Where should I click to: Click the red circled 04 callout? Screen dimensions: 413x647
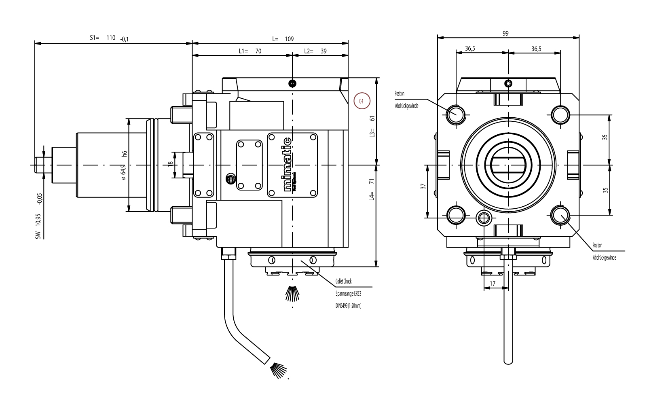(x=362, y=101)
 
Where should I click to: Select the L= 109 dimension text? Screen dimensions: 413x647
(x=283, y=39)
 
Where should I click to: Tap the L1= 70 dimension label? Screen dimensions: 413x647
(x=250, y=51)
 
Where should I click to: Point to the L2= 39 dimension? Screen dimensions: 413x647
(x=315, y=51)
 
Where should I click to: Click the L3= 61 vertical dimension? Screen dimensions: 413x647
(x=372, y=126)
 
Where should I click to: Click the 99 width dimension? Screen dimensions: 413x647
(x=505, y=34)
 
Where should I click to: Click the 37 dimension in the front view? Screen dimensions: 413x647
(x=423, y=187)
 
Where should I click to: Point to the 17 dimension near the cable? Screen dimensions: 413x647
(x=493, y=284)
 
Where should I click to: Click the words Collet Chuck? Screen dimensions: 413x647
(x=343, y=281)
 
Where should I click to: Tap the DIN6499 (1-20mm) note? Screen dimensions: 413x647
(x=348, y=305)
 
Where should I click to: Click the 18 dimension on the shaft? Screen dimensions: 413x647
(x=171, y=163)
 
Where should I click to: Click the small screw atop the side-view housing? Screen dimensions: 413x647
(x=292, y=83)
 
